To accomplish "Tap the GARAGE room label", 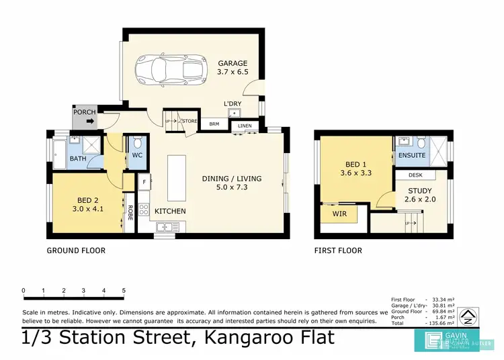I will (232, 64).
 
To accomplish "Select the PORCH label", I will (85, 112).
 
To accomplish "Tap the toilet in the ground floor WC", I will (137, 143).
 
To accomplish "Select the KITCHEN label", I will (170, 212).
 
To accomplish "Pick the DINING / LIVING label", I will (232, 179).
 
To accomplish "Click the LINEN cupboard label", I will (244, 126).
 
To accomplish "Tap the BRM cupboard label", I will (214, 124).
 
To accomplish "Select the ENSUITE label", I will (411, 155).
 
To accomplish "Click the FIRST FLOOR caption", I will (338, 251).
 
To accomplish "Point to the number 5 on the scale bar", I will (124, 291).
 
